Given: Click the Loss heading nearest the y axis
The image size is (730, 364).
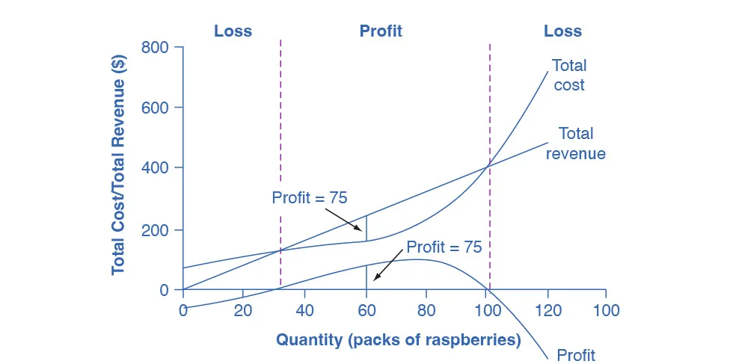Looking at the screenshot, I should point(233,31).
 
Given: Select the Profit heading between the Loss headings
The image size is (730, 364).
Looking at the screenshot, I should point(381,31).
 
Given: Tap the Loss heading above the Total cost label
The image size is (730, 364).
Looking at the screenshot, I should point(562,31).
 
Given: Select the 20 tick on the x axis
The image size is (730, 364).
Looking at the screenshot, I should point(243,309).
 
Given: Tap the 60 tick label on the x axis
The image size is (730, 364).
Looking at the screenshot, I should point(366,309).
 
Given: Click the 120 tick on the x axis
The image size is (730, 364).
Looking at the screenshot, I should point(548,309).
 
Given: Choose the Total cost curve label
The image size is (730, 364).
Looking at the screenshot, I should point(568,75).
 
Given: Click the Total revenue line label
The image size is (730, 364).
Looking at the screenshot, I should point(575,144).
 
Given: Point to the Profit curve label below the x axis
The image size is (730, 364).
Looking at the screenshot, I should point(575,354).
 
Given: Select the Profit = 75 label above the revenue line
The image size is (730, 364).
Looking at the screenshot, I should point(310,198).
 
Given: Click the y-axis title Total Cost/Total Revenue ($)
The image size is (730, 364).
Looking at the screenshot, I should point(119,160).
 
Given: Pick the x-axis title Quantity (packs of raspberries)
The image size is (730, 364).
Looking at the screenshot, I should point(399,340).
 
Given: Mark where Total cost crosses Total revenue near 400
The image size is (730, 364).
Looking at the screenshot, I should point(489,164).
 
